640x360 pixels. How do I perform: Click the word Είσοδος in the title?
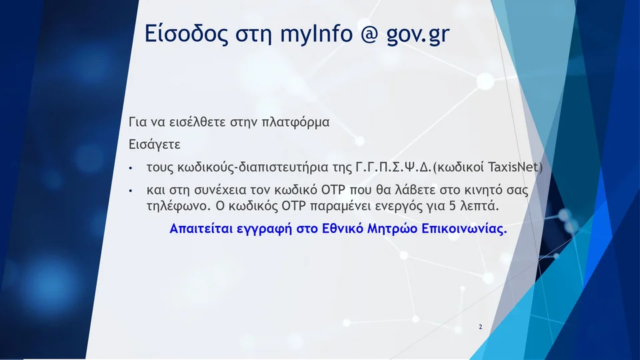[186, 33]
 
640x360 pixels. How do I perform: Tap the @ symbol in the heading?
[369, 34]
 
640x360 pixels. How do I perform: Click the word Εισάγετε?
[154, 145]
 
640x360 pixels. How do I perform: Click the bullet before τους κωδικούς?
[131, 168]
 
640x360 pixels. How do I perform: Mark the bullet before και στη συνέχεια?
[131, 191]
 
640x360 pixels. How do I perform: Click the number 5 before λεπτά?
[452, 206]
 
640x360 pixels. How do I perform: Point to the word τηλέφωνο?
[176, 206]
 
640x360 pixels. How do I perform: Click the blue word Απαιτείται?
[201, 229]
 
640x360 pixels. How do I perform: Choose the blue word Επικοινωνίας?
[464, 229]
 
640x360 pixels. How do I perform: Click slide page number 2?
[481, 327]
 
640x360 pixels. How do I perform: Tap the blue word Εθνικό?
[343, 229]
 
